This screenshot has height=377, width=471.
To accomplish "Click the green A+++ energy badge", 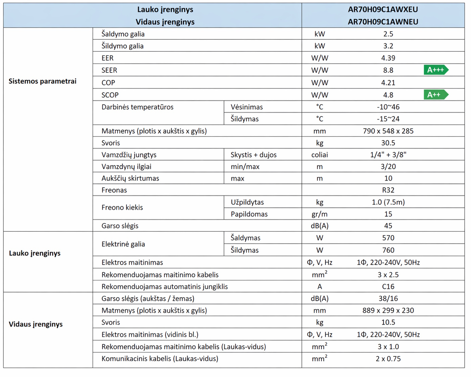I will coord(436,70).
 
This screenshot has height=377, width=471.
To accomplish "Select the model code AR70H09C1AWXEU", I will coord(383,9).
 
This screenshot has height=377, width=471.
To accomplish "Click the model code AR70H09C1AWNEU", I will coord(383,22).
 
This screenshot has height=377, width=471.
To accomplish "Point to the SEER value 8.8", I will coord(388,70).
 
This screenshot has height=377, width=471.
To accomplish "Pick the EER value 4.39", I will coord(388,58).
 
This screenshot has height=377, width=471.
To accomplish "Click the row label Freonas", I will coord(114,190).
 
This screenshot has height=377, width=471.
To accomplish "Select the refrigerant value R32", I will coord(388,190).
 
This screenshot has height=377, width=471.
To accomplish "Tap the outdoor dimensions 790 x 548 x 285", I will coord(388,131).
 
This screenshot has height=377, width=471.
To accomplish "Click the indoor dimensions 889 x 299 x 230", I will coord(388,310).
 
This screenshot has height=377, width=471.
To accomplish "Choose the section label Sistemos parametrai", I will coord(43,81).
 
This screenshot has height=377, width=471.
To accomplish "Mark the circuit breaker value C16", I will coord(388,287).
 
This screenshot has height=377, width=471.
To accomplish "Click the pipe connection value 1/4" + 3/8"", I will coord(388,155).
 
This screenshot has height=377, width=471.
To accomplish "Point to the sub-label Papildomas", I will coord(249,214).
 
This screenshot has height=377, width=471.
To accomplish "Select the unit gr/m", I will coord(319,214).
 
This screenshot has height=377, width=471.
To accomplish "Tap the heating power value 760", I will coord(388,250).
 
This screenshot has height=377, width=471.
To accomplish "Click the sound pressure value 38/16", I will coord(388,298).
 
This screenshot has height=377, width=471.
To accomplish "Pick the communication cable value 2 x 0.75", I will coord(388,359).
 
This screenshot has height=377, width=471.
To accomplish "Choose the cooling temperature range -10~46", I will coord(388,107).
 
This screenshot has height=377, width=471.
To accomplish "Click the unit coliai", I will coord(319,155).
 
